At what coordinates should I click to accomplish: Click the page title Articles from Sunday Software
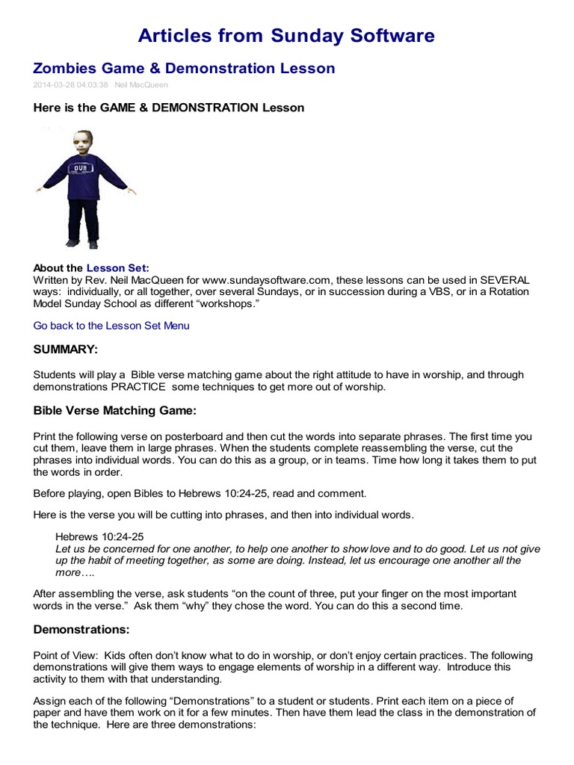tap(287, 35)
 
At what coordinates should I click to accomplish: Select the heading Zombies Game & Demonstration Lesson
tap(185, 69)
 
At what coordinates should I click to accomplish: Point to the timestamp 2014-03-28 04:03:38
tap(71, 85)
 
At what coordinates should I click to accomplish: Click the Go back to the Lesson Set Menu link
tap(111, 326)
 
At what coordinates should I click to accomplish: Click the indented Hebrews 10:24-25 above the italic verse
tap(100, 536)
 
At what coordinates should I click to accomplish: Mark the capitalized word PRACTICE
tap(139, 387)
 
